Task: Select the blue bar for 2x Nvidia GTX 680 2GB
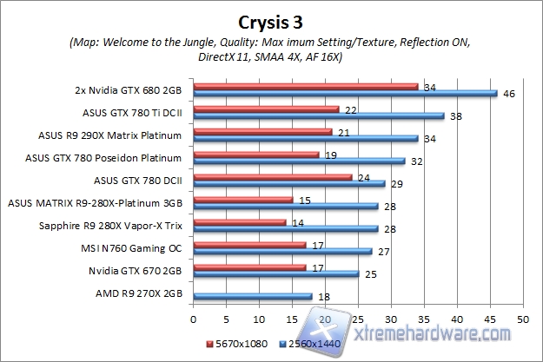[x=345, y=93]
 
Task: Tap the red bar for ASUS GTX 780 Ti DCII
[x=265, y=109]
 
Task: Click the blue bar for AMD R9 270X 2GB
[x=252, y=297]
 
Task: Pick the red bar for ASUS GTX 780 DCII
[x=272, y=177]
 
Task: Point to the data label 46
[x=510, y=93]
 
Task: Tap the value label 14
[x=297, y=223]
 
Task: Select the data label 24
[x=363, y=177]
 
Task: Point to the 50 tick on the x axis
[x=522, y=319]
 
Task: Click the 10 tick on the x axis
[x=259, y=319]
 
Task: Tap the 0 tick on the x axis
[x=193, y=319]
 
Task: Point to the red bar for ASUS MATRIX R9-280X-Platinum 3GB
[x=242, y=200]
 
